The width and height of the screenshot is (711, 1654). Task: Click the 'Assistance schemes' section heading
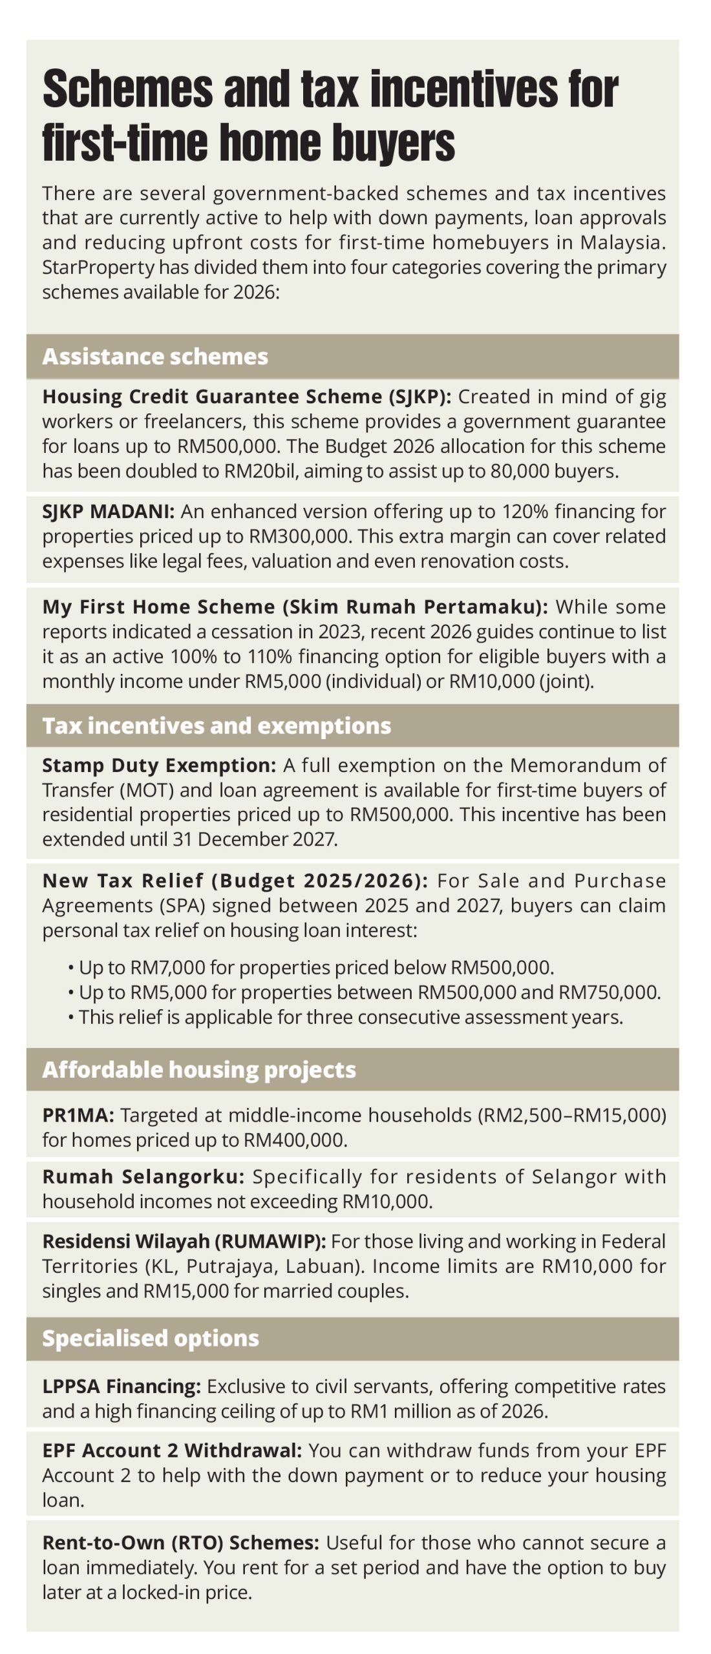point(155,357)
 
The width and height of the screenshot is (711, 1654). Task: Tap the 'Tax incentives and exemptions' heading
point(217,726)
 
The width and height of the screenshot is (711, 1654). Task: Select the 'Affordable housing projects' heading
point(199,1069)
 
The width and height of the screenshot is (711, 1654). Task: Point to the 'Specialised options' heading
point(151,1337)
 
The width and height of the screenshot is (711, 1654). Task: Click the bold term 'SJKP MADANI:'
point(109,512)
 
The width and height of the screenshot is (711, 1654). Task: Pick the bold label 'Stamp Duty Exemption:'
point(159,766)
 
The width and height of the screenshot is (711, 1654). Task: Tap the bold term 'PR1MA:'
point(78,1115)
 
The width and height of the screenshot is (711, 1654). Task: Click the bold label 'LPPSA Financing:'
point(122,1387)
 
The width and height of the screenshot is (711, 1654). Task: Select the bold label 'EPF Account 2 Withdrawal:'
point(172,1450)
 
